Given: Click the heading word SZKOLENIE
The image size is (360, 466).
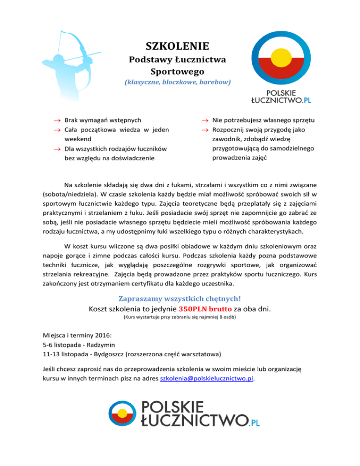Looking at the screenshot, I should coord(177,46).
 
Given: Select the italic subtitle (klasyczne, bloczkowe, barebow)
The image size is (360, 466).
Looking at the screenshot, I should coord(177,82).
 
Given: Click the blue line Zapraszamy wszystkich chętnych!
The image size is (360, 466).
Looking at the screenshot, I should coord(180,299).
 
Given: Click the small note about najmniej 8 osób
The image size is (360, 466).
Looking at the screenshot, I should coord(180,318).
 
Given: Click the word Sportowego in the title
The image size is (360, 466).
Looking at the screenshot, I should coord(177,71).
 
